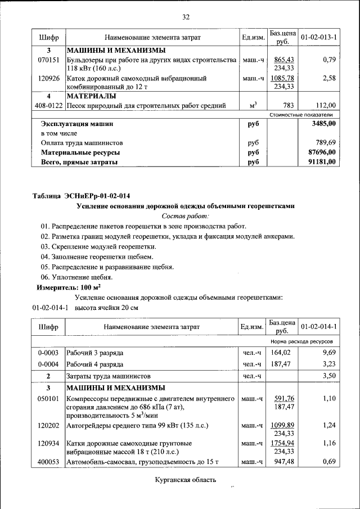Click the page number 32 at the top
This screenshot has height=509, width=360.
click(x=185, y=16)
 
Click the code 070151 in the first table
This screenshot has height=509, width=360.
click(x=49, y=59)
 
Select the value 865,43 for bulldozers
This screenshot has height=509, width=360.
click(x=283, y=59)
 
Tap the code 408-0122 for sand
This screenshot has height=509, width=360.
click(x=48, y=105)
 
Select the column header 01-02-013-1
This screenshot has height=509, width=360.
click(x=318, y=37)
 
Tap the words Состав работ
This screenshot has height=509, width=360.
click(x=185, y=215)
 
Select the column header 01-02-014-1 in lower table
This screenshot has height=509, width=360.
click(x=318, y=326)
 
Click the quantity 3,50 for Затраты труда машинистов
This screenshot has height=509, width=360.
click(x=328, y=376)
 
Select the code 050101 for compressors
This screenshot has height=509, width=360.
click(x=48, y=398)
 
